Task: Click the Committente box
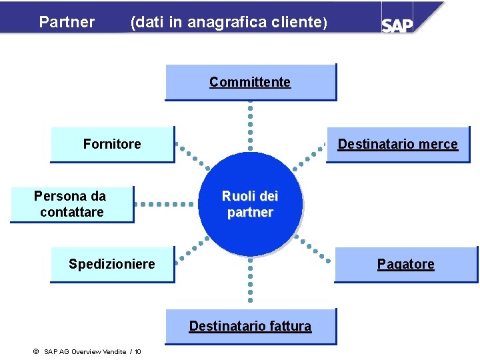coord(250,82)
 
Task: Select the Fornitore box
coord(112,144)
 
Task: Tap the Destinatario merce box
coord(397,144)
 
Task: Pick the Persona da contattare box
coord(71,204)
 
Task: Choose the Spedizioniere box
coord(112,264)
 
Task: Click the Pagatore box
coord(405,264)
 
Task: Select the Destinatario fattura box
coord(250,326)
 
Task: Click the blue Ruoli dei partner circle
coord(250,205)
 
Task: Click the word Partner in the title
coord(67,22)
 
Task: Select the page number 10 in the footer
coord(137,351)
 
